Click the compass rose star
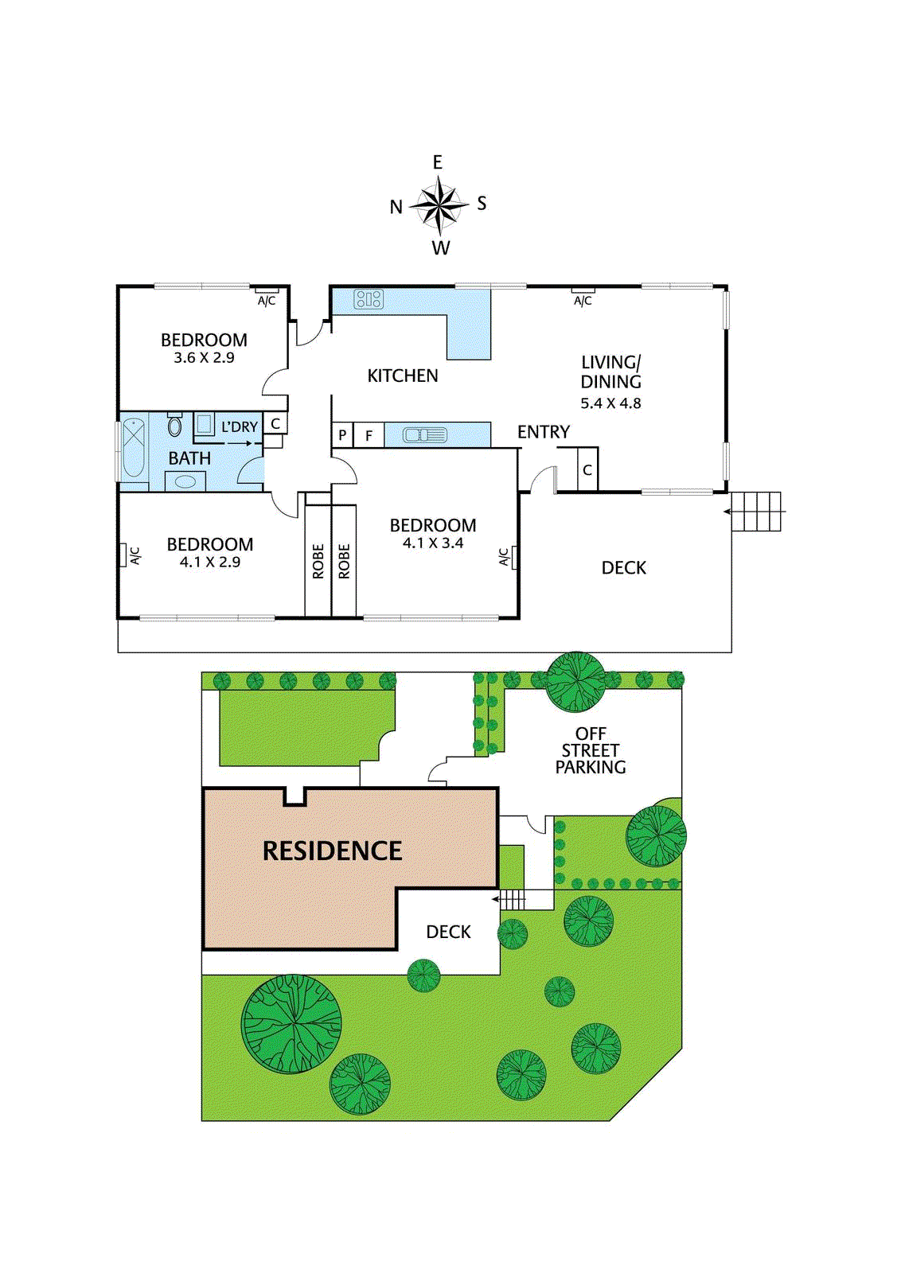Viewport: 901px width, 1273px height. [439, 205]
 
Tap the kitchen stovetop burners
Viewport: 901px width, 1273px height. [369, 299]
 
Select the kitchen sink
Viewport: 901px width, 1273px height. [425, 435]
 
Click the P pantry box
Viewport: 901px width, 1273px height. [342, 435]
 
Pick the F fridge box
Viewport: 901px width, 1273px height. [369, 435]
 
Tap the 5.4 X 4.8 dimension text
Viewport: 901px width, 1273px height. [610, 403]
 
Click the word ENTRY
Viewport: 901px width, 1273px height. [544, 432]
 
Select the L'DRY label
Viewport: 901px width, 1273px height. [240, 427]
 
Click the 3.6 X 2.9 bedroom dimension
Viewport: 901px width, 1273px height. [204, 358]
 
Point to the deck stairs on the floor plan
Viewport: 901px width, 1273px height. [756, 512]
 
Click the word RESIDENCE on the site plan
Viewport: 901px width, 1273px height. [333, 851]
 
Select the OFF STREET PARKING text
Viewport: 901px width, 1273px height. [591, 750]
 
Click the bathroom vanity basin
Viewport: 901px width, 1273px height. [185, 481]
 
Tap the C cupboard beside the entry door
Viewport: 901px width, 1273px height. [587, 470]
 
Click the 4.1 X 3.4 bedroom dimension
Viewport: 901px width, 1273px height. [433, 543]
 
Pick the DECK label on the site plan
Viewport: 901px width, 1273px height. [448, 932]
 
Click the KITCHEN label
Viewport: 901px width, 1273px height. [403, 376]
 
